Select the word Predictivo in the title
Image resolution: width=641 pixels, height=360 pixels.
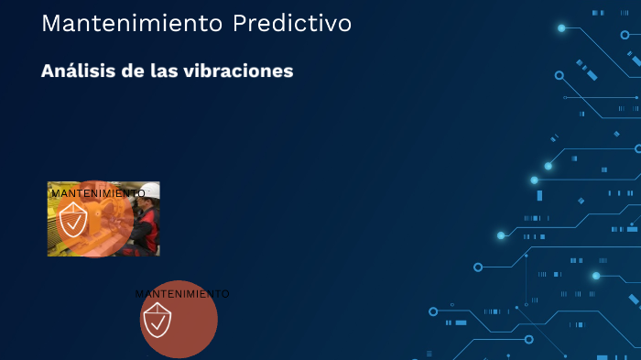(x=292, y=24)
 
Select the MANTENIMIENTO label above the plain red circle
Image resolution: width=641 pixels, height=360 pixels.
(x=182, y=294)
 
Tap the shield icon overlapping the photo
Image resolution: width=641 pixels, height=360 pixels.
(x=73, y=221)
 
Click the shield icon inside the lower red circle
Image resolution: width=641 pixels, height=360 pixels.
(x=157, y=321)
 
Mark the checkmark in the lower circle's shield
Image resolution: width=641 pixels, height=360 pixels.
(x=158, y=322)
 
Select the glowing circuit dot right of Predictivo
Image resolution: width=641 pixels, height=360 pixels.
(x=561, y=28)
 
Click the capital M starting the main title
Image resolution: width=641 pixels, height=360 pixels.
(x=50, y=24)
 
